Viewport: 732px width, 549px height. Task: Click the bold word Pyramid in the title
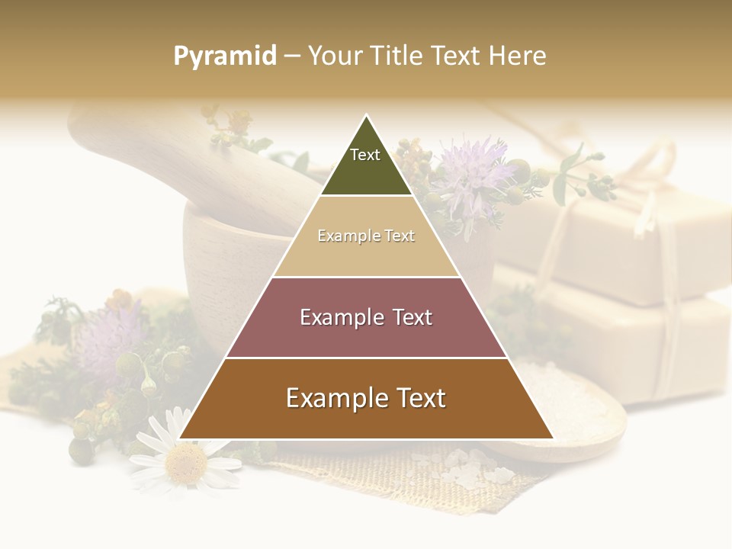225,56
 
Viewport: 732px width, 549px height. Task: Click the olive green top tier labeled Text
366,164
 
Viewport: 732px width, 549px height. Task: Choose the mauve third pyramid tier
366,317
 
